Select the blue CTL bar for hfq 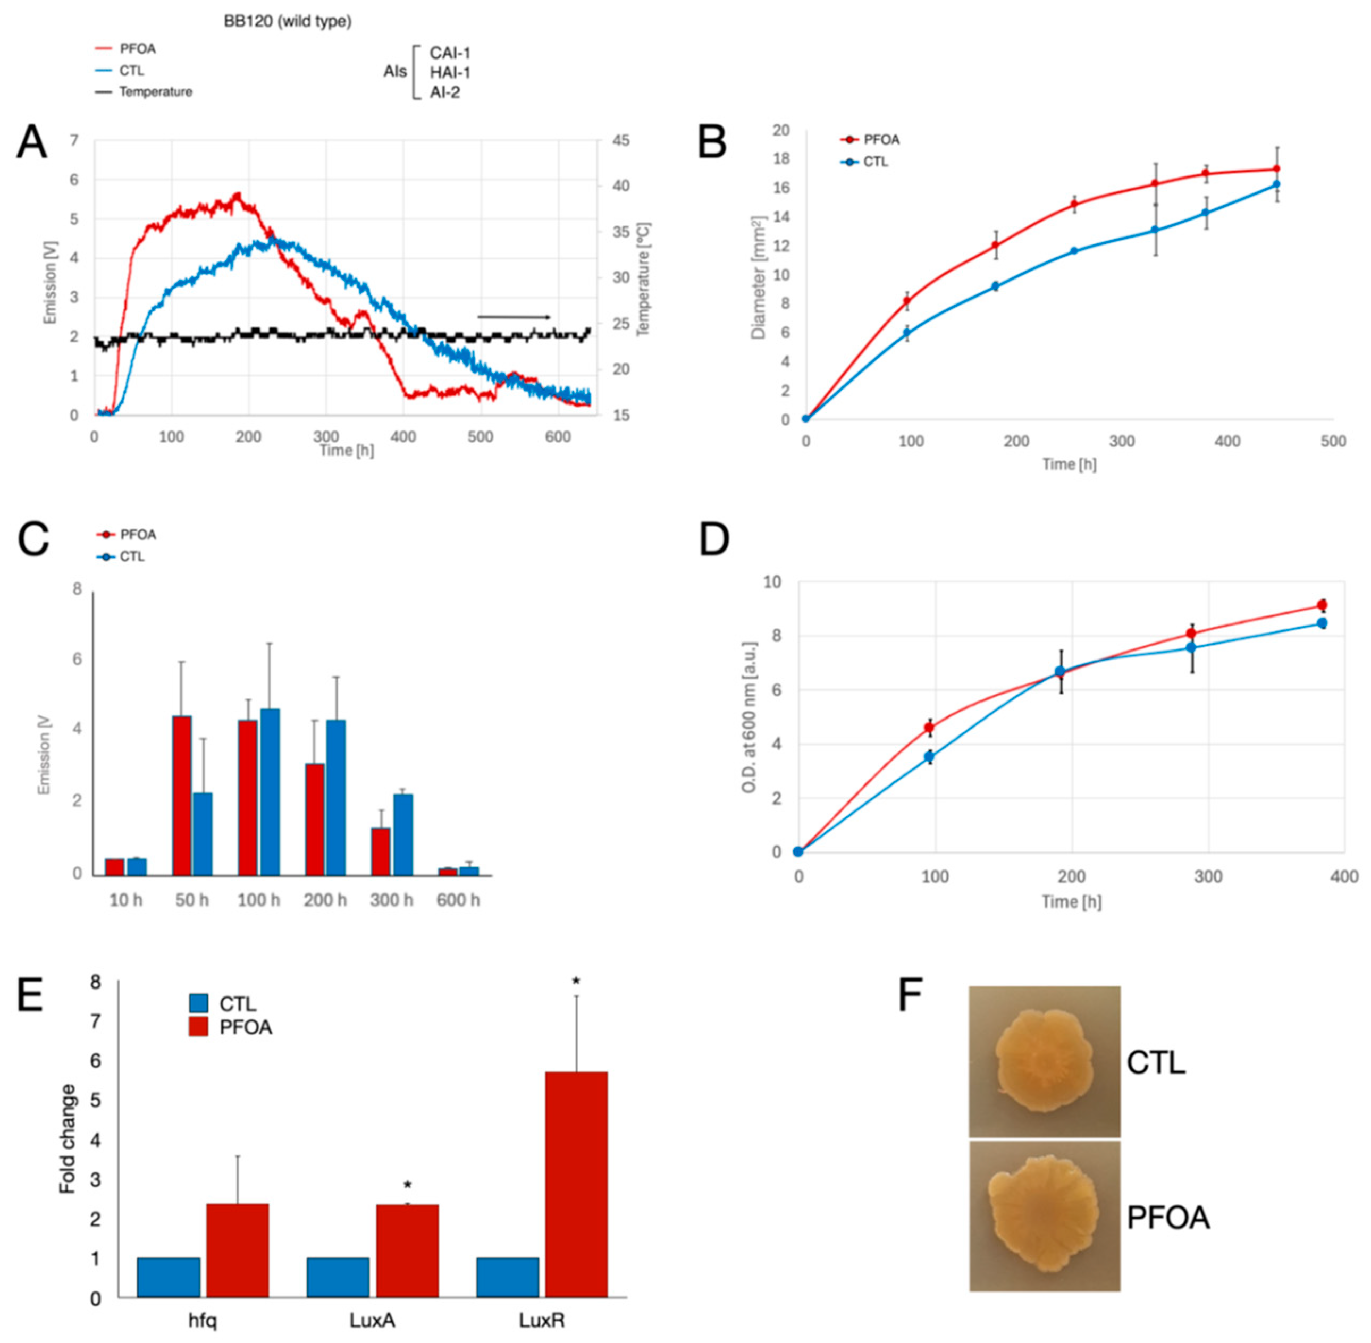(169, 1278)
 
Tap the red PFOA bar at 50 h (182, 796)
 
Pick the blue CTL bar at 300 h (403, 834)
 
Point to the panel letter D (713, 540)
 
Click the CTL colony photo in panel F (1044, 1061)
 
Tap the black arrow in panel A (514, 317)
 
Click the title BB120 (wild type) (287, 21)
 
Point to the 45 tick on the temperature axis (621, 140)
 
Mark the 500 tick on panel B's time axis (1333, 442)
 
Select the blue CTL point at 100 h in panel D (929, 757)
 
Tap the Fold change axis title (68, 1138)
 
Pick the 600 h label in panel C (458, 900)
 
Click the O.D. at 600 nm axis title (750, 716)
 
